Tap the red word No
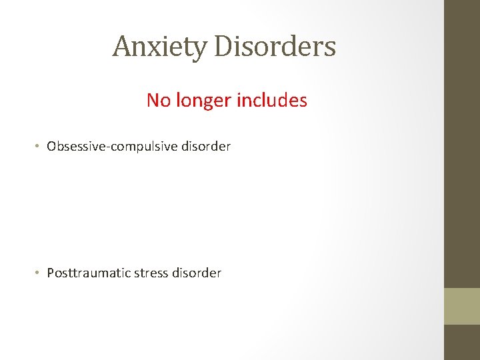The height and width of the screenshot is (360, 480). (159, 101)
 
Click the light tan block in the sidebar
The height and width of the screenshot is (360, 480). (462, 306)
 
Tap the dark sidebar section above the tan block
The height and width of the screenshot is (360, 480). (462, 143)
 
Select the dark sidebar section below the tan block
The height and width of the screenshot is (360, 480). (462, 342)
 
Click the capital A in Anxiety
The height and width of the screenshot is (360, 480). (121, 47)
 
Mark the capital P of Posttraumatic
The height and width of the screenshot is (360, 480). (51, 273)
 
